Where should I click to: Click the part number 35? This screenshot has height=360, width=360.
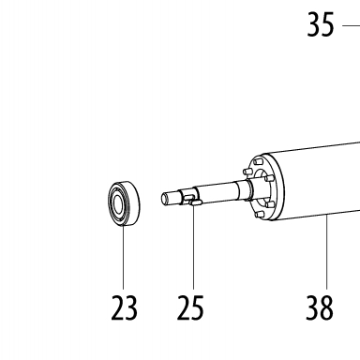point(321,24)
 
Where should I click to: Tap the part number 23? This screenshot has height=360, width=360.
point(124,308)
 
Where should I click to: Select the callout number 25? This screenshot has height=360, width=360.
point(190,308)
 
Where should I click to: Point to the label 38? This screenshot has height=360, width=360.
point(320,308)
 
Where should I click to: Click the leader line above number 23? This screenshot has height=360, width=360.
point(123,257)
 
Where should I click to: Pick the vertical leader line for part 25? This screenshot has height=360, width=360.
point(193,247)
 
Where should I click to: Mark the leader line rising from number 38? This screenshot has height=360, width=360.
point(327,252)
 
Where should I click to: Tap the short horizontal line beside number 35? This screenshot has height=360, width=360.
point(352,25)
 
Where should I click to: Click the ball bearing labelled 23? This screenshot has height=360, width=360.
point(124,203)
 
